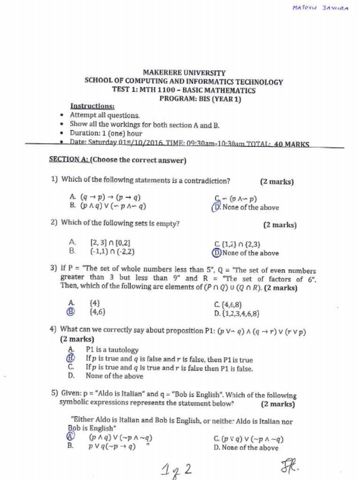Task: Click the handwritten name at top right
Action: [320, 9]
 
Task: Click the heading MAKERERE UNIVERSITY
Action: [184, 73]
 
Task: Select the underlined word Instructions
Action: [92, 106]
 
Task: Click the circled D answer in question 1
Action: [216, 207]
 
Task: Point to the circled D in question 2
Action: [217, 253]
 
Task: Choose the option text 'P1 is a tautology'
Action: [112, 350]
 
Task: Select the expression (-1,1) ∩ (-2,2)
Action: [112, 251]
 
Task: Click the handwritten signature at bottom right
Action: [290, 465]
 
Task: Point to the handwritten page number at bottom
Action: [175, 469]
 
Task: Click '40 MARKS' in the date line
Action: [291, 144]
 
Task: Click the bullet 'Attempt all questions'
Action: [105, 115]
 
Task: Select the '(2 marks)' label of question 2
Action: [280, 225]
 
